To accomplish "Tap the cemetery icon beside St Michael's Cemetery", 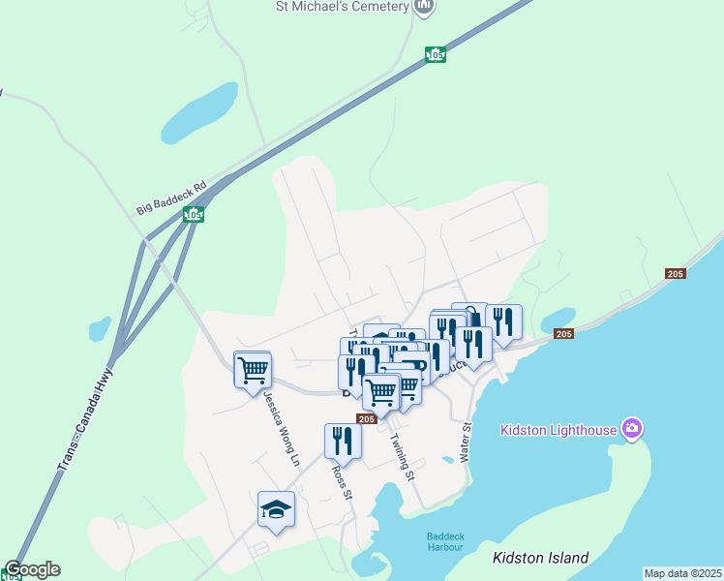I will coord(424,6).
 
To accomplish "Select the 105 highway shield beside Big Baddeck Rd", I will coord(195,214).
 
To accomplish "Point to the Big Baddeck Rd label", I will coord(172,197).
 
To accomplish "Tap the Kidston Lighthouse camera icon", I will coord(632,428).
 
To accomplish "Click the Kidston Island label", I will coord(540,558).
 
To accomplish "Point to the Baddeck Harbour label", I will coord(445,542).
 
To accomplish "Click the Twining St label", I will coord(402,457).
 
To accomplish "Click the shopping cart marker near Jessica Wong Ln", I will coord(253,369).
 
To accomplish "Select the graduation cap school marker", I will coord(276,509).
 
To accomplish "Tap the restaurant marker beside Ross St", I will coord(343,441).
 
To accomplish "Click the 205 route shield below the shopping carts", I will coord(366,419).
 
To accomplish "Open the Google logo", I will coord(32,569).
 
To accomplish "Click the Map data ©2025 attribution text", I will coord(682,573).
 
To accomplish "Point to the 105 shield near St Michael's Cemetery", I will coord(436,55).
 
